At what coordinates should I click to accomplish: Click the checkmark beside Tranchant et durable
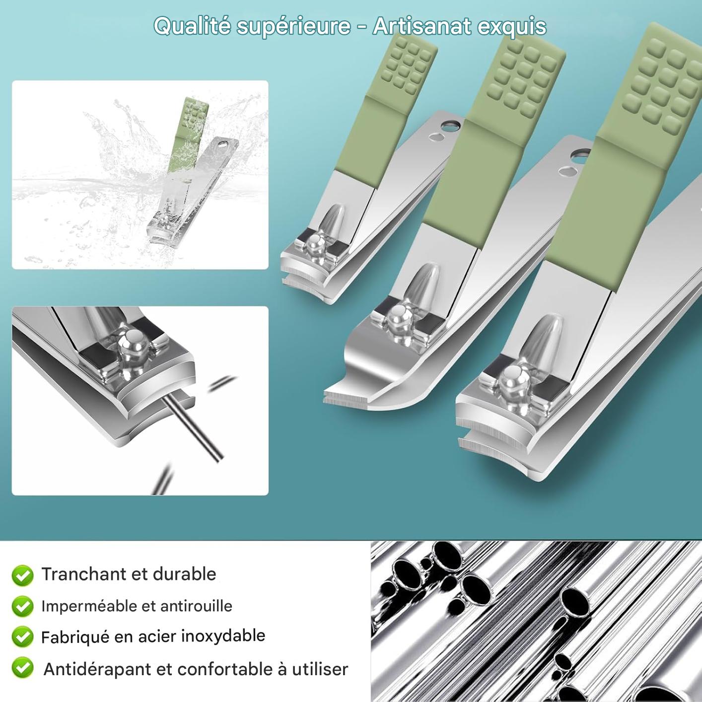tap(22, 575)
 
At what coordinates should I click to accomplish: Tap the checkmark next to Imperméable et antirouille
tap(22, 606)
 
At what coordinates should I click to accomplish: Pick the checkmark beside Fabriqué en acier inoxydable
tap(22, 637)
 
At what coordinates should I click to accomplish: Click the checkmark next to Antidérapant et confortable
tap(22, 668)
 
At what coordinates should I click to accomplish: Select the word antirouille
tap(196, 606)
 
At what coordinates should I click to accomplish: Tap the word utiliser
tap(320, 669)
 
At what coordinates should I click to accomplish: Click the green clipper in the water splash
tap(193, 171)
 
